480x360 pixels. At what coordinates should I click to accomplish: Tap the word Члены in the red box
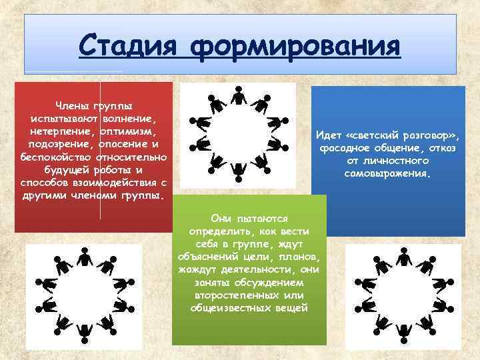tap(74, 106)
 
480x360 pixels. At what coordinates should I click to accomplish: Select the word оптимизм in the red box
tap(127, 131)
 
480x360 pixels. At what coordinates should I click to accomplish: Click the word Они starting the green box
tap(219, 218)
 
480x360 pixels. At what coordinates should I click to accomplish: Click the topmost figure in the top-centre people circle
tap(238, 97)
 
